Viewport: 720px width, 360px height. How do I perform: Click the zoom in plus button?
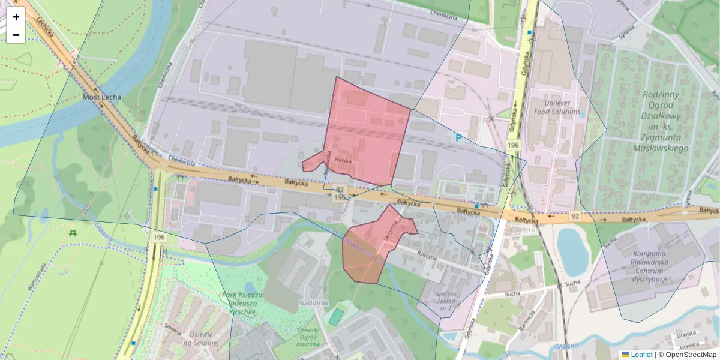pyautogui.click(x=16, y=17)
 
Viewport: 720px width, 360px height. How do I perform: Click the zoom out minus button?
pyautogui.click(x=16, y=35)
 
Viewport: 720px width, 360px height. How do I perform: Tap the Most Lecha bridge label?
pyautogui.click(x=102, y=97)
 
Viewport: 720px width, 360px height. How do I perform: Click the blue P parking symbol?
pyautogui.click(x=458, y=138)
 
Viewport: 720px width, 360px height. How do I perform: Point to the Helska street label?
pyautogui.click(x=343, y=160)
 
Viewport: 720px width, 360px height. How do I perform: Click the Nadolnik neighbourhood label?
pyautogui.click(x=313, y=304)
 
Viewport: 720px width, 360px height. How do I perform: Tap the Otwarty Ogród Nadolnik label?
pyautogui.click(x=308, y=337)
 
